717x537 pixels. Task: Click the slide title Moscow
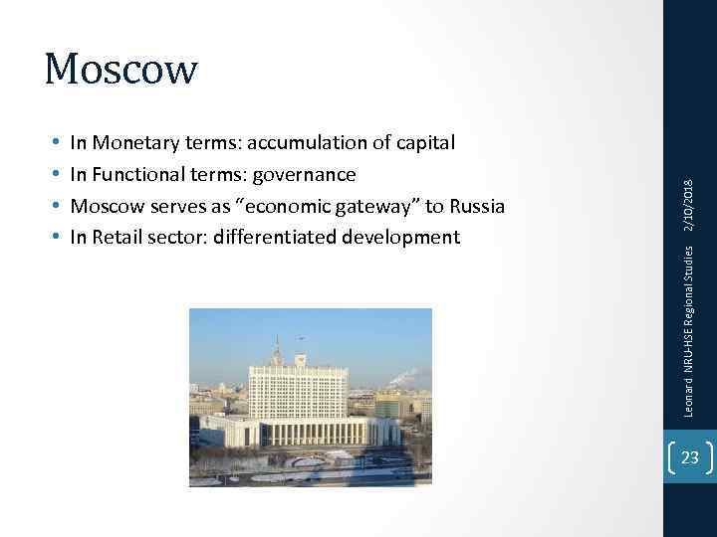click(x=121, y=69)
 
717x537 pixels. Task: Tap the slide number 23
click(x=689, y=458)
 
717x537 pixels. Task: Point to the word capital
click(x=422, y=143)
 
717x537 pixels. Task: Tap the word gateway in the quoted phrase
click(x=373, y=206)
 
